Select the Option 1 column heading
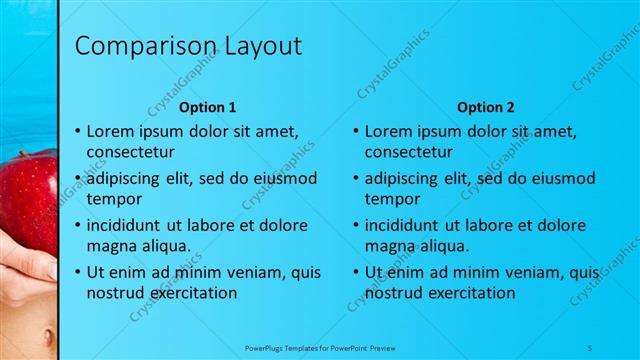[x=207, y=107]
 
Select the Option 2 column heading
[x=485, y=107]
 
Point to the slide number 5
[x=590, y=346]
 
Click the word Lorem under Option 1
[x=111, y=131]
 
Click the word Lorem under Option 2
[x=389, y=131]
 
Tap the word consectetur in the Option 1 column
[x=131, y=153]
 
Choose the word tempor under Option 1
[x=112, y=199]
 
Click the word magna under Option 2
[x=389, y=246]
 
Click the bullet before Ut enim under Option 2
[x=356, y=271]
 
